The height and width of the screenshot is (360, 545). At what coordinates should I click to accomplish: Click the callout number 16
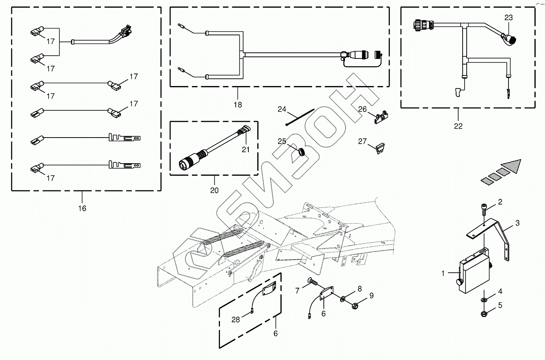tap(82, 208)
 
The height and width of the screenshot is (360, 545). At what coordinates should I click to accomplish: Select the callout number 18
tap(238, 105)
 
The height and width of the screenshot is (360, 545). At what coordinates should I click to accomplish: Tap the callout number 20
tap(214, 190)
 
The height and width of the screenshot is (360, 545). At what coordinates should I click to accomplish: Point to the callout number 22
tap(458, 126)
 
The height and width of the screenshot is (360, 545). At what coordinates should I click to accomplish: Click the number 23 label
tap(508, 17)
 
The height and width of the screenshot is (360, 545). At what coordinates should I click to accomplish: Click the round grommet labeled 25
tap(301, 153)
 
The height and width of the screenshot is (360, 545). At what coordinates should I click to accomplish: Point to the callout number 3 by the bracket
tap(517, 223)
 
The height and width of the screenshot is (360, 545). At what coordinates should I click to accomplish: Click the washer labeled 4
tap(484, 300)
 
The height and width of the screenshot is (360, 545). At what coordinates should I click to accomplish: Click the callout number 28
tap(236, 319)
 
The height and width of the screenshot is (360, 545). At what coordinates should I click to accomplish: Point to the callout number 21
tap(246, 149)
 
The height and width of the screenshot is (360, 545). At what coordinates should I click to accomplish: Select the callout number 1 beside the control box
tap(444, 274)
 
